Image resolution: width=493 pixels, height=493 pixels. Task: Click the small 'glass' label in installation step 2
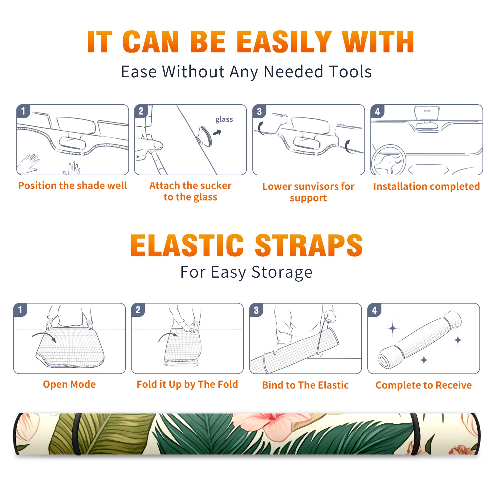click(x=224, y=120)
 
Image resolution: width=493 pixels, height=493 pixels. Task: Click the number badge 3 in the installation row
click(x=259, y=111)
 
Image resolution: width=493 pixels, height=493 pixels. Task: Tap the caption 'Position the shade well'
click(x=72, y=185)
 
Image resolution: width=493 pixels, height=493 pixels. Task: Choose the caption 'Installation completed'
click(x=426, y=186)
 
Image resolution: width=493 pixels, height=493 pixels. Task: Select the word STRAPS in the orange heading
click(x=309, y=245)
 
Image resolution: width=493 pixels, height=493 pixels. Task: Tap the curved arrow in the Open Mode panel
click(x=44, y=336)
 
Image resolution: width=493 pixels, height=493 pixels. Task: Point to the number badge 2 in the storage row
click(x=138, y=310)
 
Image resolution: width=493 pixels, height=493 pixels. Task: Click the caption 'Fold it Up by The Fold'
click(x=187, y=384)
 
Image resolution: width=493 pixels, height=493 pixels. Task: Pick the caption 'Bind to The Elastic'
click(x=305, y=385)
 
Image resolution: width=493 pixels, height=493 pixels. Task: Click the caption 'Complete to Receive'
click(x=424, y=385)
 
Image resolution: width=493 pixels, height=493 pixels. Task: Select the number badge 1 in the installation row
click(x=23, y=111)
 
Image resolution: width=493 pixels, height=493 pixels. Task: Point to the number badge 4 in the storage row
click(x=374, y=310)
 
